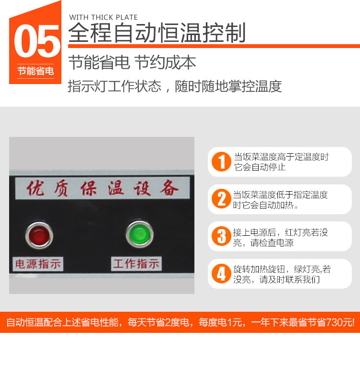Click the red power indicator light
tap(39, 235)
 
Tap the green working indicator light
tap(140, 234)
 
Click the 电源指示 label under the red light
tap(38, 264)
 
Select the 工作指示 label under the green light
tap(136, 264)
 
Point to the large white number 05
tap(37, 41)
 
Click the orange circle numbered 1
tap(221, 161)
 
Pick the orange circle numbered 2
tap(221, 199)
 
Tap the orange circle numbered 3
tap(221, 236)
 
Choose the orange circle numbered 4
tap(221, 274)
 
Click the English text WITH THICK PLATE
tap(103, 17)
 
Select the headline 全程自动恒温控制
tap(157, 33)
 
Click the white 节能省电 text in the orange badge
tap(36, 71)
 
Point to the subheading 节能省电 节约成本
tap(132, 62)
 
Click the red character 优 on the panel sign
tap(35, 188)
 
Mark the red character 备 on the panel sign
tap(169, 188)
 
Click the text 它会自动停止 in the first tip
tap(260, 167)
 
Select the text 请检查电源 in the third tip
tap(272, 243)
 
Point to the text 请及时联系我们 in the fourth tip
tap(289, 280)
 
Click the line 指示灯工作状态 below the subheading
tap(114, 86)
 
